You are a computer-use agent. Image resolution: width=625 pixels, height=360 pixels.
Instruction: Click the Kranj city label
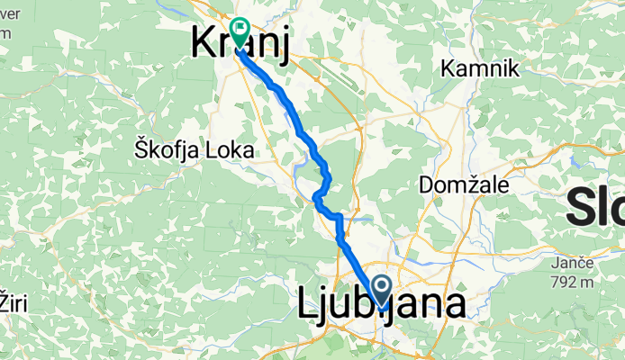240,45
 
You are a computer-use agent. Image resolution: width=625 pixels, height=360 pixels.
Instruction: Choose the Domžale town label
465,185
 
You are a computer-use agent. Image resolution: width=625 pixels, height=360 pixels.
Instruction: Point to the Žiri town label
14,302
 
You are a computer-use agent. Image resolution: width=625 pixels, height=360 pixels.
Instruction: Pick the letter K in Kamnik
447,68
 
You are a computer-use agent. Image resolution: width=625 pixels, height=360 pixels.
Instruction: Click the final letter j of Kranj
284,47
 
